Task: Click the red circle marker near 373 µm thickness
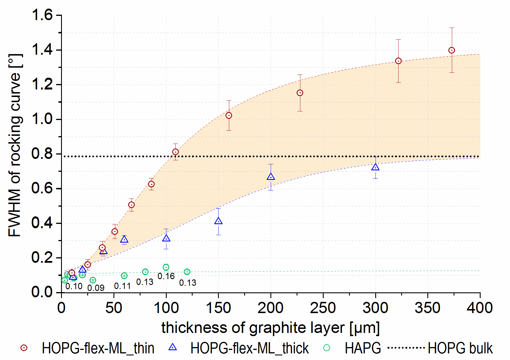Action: pos(452,50)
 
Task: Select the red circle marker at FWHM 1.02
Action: pos(229,116)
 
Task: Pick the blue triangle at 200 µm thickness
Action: pos(271,177)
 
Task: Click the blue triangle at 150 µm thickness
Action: pos(218,221)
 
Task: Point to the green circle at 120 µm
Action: pos(187,272)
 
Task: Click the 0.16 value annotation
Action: pos(166,276)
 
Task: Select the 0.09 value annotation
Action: pos(96,288)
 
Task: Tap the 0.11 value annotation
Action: pos(122,286)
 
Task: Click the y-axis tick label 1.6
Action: pos(42,15)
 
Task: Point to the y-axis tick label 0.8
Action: pos(42,154)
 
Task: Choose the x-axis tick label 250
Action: pos(323,308)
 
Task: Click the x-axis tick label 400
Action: pos(479,308)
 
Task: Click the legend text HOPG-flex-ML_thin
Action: pos(98,348)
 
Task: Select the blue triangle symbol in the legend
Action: pos(172,347)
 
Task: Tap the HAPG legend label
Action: pos(363,348)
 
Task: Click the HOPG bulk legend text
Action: pos(460,348)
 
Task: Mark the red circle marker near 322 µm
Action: pos(398,61)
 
